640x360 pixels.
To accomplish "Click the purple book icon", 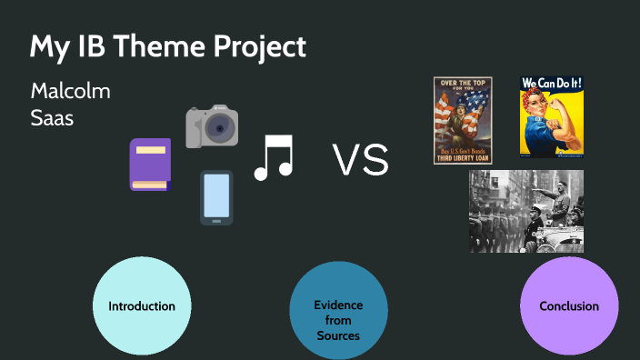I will pyautogui.click(x=150, y=165).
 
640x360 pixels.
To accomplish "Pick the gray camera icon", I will pyautogui.click(x=212, y=126).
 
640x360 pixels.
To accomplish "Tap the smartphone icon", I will pyautogui.click(x=216, y=196).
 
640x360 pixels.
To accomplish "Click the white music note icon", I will pyautogui.click(x=274, y=157).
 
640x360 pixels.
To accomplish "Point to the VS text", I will pyautogui.click(x=361, y=161).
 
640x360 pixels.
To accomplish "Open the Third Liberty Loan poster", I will pyautogui.click(x=463, y=120).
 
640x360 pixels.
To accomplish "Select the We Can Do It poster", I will pyautogui.click(x=551, y=116).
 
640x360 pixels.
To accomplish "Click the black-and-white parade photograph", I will pyautogui.click(x=526, y=211).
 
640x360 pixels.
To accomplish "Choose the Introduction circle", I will pyautogui.click(x=142, y=306).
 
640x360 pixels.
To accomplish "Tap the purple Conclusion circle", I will pyautogui.click(x=569, y=306).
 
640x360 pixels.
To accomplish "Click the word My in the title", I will pyautogui.click(x=45, y=47).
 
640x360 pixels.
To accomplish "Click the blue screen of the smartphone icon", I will pyautogui.click(x=216, y=195).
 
